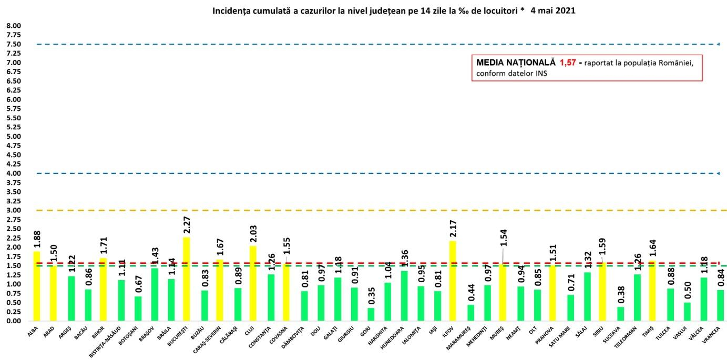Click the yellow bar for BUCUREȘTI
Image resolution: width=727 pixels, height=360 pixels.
pyautogui.click(x=186, y=279)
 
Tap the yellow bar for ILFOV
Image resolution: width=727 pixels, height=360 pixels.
pyautogui.click(x=453, y=281)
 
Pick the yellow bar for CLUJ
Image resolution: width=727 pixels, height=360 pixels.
pyautogui.click(x=253, y=283)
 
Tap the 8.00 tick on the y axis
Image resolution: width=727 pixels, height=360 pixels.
pyautogui.click(x=14, y=26)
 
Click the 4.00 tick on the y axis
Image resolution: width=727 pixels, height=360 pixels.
pyautogui.click(x=14, y=173)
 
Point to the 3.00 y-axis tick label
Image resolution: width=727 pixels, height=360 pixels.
pyautogui.click(x=14, y=210)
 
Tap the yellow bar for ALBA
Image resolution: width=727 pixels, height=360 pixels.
pyautogui.click(x=36, y=286)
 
